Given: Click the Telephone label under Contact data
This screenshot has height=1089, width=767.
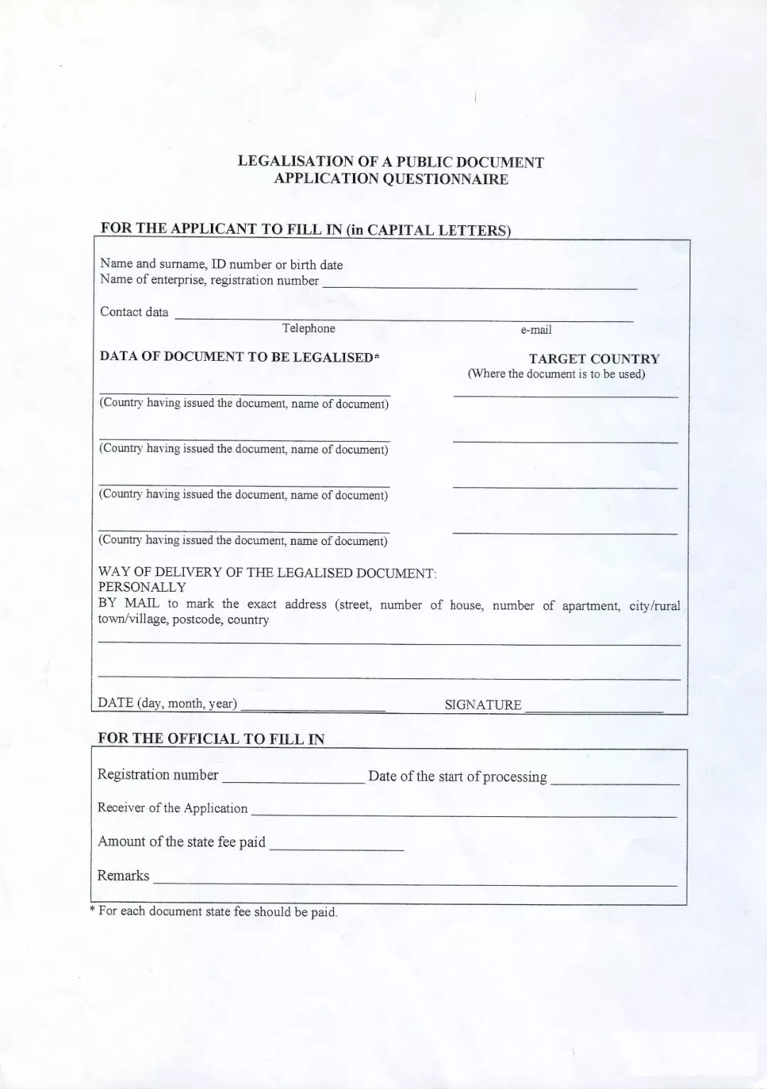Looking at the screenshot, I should [308, 328].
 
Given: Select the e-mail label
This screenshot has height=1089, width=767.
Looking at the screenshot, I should [536, 330].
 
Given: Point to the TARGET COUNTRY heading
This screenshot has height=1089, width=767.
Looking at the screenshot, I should [594, 359].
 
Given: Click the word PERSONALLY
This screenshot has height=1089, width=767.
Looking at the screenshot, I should [142, 587].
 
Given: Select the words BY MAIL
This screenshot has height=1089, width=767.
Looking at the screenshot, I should [129, 603].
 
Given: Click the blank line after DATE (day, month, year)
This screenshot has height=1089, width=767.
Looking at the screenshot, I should [312, 710].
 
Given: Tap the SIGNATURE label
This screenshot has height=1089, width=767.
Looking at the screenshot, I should [483, 705].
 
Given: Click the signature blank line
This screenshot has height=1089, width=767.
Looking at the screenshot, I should [593, 710].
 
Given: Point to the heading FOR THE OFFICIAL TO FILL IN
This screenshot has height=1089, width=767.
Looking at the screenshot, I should [211, 738].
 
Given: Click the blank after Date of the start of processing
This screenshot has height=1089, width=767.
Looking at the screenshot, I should [615, 783].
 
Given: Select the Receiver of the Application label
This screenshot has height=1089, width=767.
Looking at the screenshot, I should [173, 808].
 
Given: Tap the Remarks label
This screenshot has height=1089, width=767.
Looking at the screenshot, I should [124, 875].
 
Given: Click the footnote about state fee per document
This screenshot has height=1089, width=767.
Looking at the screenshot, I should [214, 911].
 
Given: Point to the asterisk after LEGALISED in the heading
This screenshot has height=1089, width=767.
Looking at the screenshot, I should [377, 357].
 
